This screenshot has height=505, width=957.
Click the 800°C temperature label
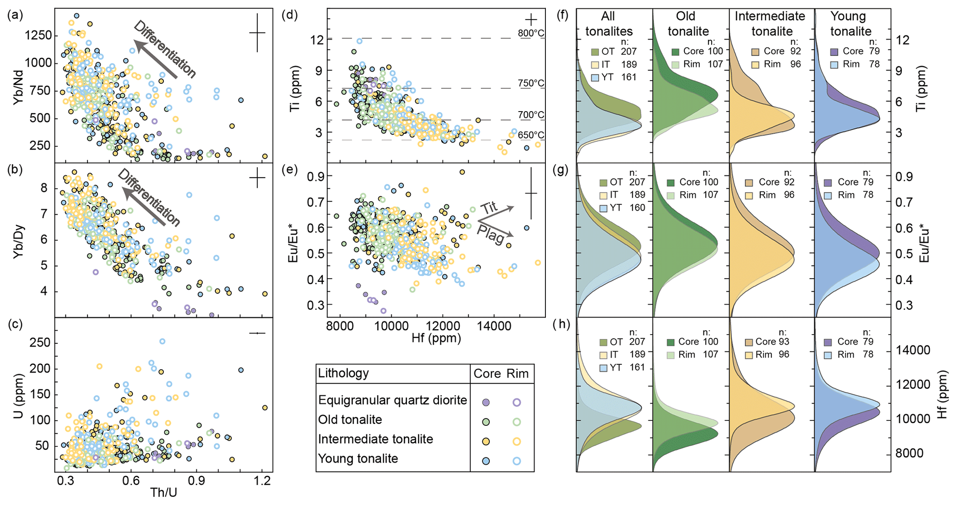531,33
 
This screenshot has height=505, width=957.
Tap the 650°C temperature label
531,135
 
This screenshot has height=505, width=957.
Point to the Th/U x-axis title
163,493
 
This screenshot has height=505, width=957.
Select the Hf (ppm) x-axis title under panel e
436,339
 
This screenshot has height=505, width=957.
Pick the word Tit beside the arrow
488,208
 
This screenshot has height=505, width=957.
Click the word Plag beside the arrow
490,234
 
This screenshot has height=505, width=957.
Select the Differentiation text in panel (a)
165,49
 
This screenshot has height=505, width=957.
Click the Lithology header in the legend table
344,374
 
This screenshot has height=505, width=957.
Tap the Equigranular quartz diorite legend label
393,400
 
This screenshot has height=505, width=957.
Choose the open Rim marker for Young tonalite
517,461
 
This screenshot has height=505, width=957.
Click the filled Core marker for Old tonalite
486,422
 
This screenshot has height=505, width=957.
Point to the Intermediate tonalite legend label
375,439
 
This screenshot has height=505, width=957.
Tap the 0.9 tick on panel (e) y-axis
317,176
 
